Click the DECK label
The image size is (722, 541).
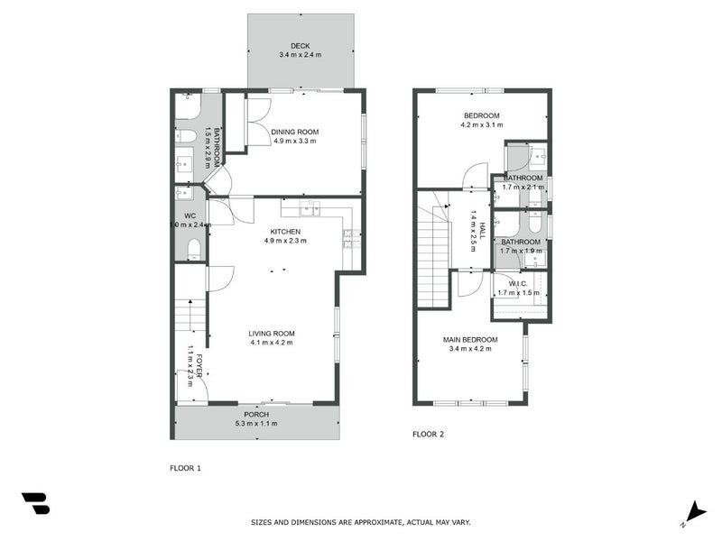pos(300,46)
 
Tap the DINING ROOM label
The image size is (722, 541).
pos(294,132)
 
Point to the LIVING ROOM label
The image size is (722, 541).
pos(272,334)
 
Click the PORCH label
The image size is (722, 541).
pos(256,415)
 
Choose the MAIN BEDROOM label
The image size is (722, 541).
pos(467,339)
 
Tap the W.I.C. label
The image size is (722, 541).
pos(517,283)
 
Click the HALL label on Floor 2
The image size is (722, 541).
pos(482,231)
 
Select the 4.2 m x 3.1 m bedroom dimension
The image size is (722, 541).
pos(481,125)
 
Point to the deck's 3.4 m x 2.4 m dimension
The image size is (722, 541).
pos(300,55)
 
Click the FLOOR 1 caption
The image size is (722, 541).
pos(186,468)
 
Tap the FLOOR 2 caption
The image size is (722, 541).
pos(429,435)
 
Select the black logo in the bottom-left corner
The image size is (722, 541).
pos(35,503)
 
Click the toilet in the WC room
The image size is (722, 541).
pos(193,250)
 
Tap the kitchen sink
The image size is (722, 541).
pos(310,210)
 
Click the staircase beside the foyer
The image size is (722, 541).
pos(189,316)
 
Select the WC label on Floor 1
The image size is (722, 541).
pos(190,215)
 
